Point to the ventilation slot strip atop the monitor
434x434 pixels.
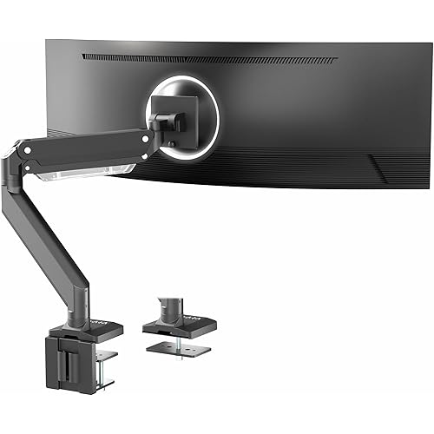click(208, 59)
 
